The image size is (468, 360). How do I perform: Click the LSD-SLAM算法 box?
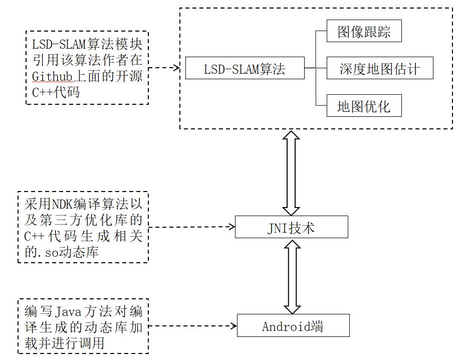click(x=245, y=68)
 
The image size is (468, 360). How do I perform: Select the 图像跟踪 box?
click(x=364, y=33)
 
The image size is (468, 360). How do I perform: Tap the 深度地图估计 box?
click(x=379, y=68)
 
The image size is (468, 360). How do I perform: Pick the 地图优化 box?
click(x=364, y=106)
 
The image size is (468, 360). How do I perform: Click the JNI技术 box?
click(x=291, y=227)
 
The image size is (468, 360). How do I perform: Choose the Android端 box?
click(x=293, y=326)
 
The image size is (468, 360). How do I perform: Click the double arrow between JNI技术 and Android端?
click(x=292, y=276)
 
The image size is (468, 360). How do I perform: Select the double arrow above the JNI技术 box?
click(x=291, y=172)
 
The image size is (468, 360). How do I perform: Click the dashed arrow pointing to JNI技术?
click(x=192, y=227)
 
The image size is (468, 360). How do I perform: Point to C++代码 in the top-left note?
click(x=55, y=93)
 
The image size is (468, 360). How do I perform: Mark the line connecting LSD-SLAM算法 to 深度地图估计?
click(x=316, y=68)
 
